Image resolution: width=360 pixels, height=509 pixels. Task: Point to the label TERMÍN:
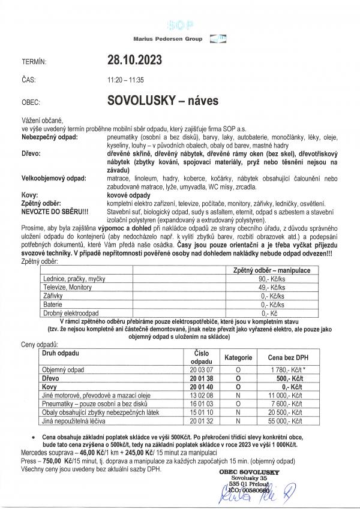(33, 61)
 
